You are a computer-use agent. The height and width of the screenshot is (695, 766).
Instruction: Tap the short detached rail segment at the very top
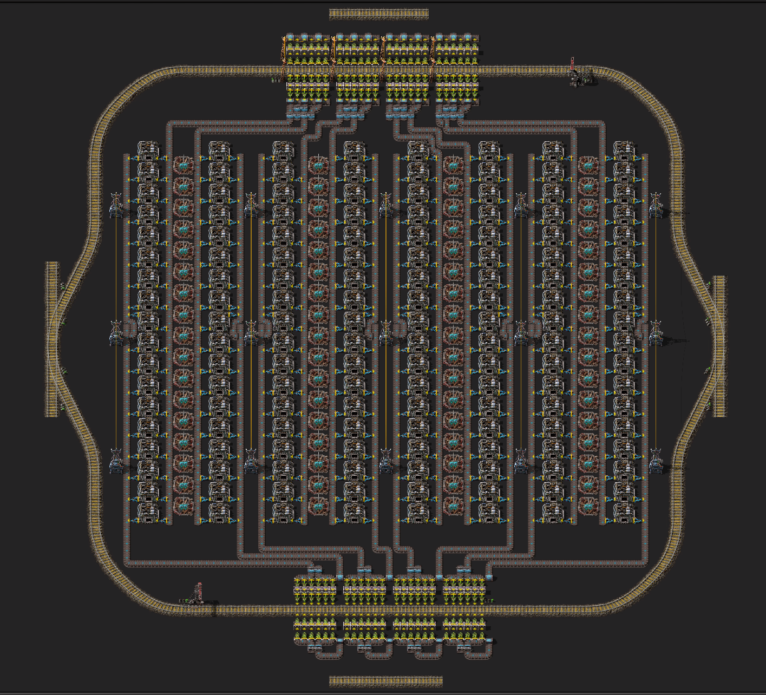click(379, 14)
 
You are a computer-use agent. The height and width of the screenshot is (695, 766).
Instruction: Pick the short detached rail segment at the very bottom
click(386, 680)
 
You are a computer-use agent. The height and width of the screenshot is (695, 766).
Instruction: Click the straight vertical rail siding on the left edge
click(51, 339)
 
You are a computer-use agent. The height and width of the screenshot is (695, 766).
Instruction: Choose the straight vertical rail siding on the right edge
click(719, 346)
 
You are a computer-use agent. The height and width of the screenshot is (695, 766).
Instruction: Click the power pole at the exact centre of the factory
click(386, 333)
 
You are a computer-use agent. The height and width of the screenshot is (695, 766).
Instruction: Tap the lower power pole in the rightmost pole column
click(656, 461)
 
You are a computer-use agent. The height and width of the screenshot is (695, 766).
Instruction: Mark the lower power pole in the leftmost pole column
click(116, 461)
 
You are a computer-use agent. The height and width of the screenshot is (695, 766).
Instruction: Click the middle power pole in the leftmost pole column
click(116, 333)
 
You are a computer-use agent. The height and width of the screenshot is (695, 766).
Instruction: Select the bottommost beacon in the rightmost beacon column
click(588, 506)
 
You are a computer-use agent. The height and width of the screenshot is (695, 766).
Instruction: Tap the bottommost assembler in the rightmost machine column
click(624, 512)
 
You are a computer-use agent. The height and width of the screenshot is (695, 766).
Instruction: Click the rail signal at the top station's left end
click(274, 80)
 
